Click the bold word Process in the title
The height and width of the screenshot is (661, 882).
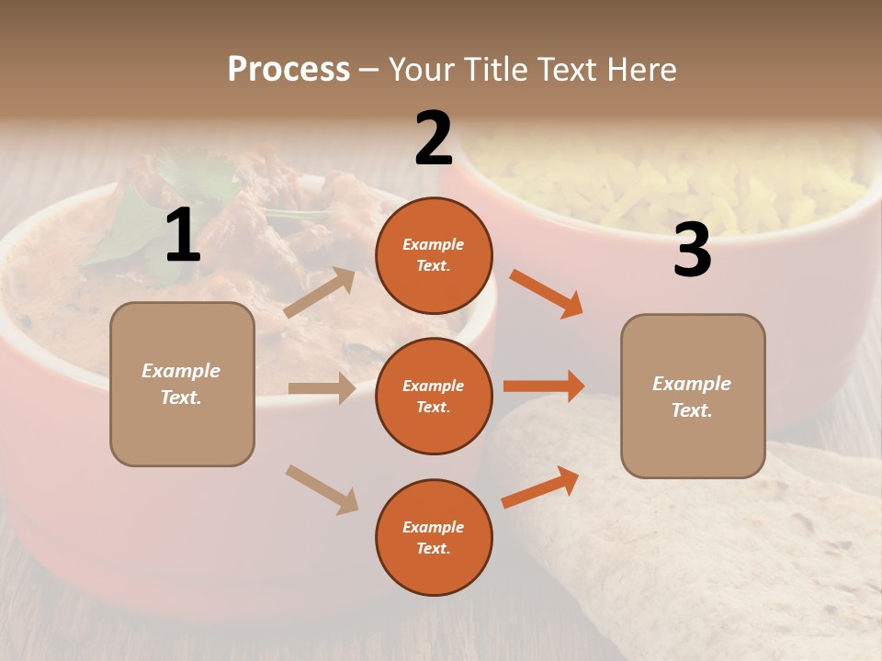coord(288,70)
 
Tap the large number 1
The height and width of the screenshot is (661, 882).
coord(183,236)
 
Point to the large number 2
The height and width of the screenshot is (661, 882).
coord(434,139)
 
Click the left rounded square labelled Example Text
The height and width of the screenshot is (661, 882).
coord(182,384)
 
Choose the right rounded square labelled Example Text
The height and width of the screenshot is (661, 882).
coord(693,397)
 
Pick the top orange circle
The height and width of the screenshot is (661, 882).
coord(434,255)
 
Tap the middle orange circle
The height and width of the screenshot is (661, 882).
coord(434,397)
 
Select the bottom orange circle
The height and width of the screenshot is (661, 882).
coord(434,538)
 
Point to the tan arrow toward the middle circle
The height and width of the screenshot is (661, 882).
coord(322,388)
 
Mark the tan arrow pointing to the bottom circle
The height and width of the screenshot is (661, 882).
coord(322,489)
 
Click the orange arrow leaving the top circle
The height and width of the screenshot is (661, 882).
coord(546,294)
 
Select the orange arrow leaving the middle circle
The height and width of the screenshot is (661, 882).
coord(543,386)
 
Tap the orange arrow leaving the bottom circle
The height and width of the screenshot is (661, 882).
coord(540,487)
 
